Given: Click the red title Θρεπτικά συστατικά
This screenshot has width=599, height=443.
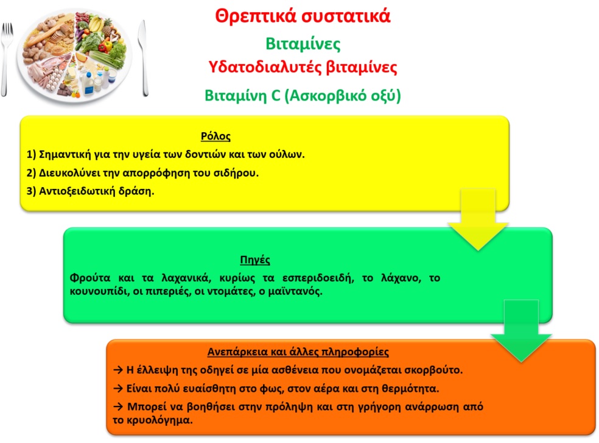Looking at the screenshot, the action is pos(303,16).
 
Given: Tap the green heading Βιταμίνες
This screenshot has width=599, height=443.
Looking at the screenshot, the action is pos(303,44).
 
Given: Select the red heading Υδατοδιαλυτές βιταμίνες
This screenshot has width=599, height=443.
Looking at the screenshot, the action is pos(303,67).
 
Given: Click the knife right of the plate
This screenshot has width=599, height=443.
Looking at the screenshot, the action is pos(143,57).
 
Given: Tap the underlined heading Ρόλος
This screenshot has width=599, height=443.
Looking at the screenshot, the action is pos(216,136).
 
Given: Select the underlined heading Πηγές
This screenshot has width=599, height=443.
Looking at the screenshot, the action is pos(255,260).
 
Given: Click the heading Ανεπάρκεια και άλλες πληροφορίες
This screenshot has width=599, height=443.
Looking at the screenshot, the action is pos(298,352).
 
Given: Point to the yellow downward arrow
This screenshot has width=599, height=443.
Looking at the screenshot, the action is pos(478,219).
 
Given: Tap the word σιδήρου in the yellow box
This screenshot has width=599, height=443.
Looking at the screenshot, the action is pos(236,173).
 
